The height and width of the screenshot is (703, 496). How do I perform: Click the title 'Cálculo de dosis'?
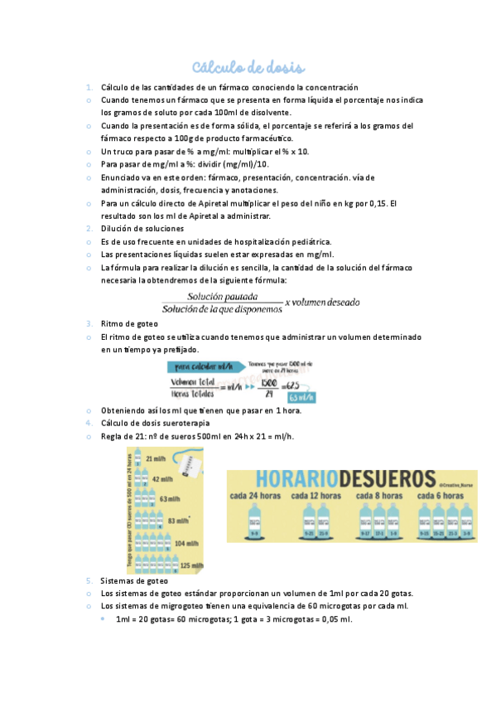click(x=248, y=66)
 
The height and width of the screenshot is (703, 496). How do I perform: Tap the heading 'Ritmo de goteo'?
click(x=127, y=323)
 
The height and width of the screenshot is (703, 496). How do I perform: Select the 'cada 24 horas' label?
click(x=256, y=497)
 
